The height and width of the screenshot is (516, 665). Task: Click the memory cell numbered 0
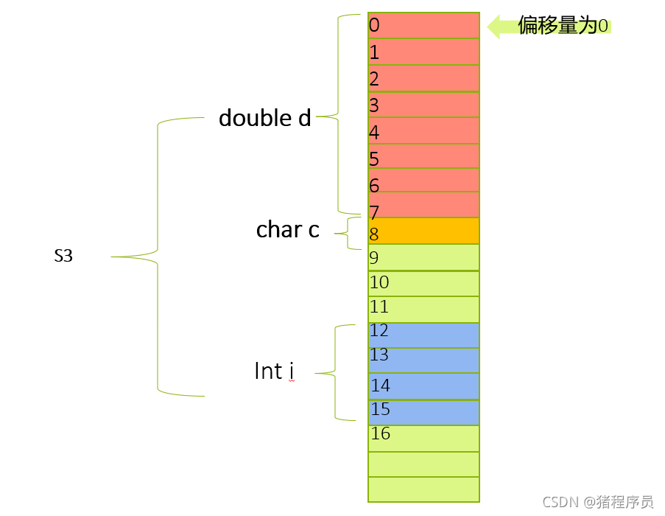tap(423, 25)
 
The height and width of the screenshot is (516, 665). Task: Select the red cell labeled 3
tap(423, 105)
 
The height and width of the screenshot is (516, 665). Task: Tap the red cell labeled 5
tap(423, 156)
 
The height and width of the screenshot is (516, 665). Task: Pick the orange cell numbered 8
tap(423, 231)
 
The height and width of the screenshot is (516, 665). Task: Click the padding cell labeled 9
tap(423, 257)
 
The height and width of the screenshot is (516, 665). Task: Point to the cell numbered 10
tap(423, 284)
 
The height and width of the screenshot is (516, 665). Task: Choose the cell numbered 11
tap(423, 310)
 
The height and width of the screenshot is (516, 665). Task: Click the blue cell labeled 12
tap(423, 335)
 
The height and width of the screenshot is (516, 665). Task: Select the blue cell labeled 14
tap(423, 386)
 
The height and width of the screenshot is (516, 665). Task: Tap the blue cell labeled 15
tap(423, 412)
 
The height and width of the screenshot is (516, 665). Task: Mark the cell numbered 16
tap(423, 439)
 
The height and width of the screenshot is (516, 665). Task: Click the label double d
tap(265, 118)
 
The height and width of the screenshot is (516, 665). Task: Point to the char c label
tap(287, 230)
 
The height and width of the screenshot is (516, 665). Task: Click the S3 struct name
tap(63, 257)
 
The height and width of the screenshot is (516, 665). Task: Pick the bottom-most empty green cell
tap(423, 489)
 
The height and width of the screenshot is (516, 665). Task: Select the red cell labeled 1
tap(423, 52)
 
